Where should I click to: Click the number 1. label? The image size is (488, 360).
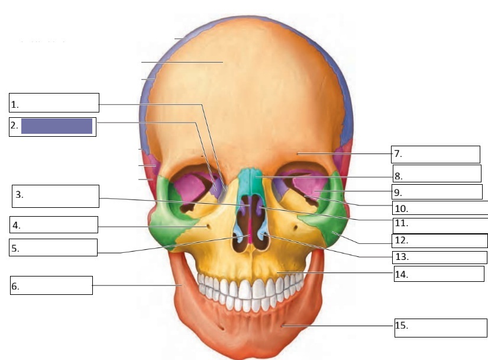click(x=15, y=105)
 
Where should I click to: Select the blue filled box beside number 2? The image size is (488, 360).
click(x=57, y=126)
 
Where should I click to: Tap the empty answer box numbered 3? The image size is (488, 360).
click(x=56, y=196)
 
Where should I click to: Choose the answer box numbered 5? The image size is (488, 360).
click(x=53, y=247)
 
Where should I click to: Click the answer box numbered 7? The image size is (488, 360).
click(x=436, y=154)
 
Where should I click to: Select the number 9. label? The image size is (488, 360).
click(x=398, y=192)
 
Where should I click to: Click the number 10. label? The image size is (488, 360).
click(x=400, y=208)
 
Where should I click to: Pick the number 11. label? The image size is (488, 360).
click(x=400, y=224)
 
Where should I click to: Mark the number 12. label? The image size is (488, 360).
click(x=400, y=241)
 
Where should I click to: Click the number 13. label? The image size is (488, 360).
click(x=400, y=258)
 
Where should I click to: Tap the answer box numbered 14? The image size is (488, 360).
click(x=439, y=274)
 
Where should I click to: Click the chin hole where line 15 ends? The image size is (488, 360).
click(x=283, y=325)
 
